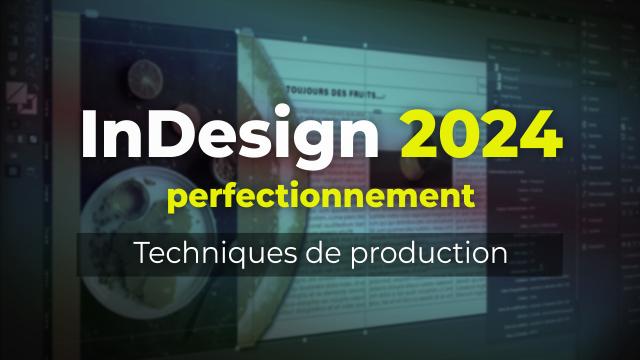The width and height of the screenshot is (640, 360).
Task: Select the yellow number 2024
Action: [478, 134]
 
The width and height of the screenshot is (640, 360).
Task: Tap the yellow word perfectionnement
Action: [320, 197]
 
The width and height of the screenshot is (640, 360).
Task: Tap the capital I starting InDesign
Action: [87, 134]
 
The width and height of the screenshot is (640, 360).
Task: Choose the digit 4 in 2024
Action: [539, 134]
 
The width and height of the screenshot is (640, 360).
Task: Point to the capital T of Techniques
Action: [143, 253]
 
